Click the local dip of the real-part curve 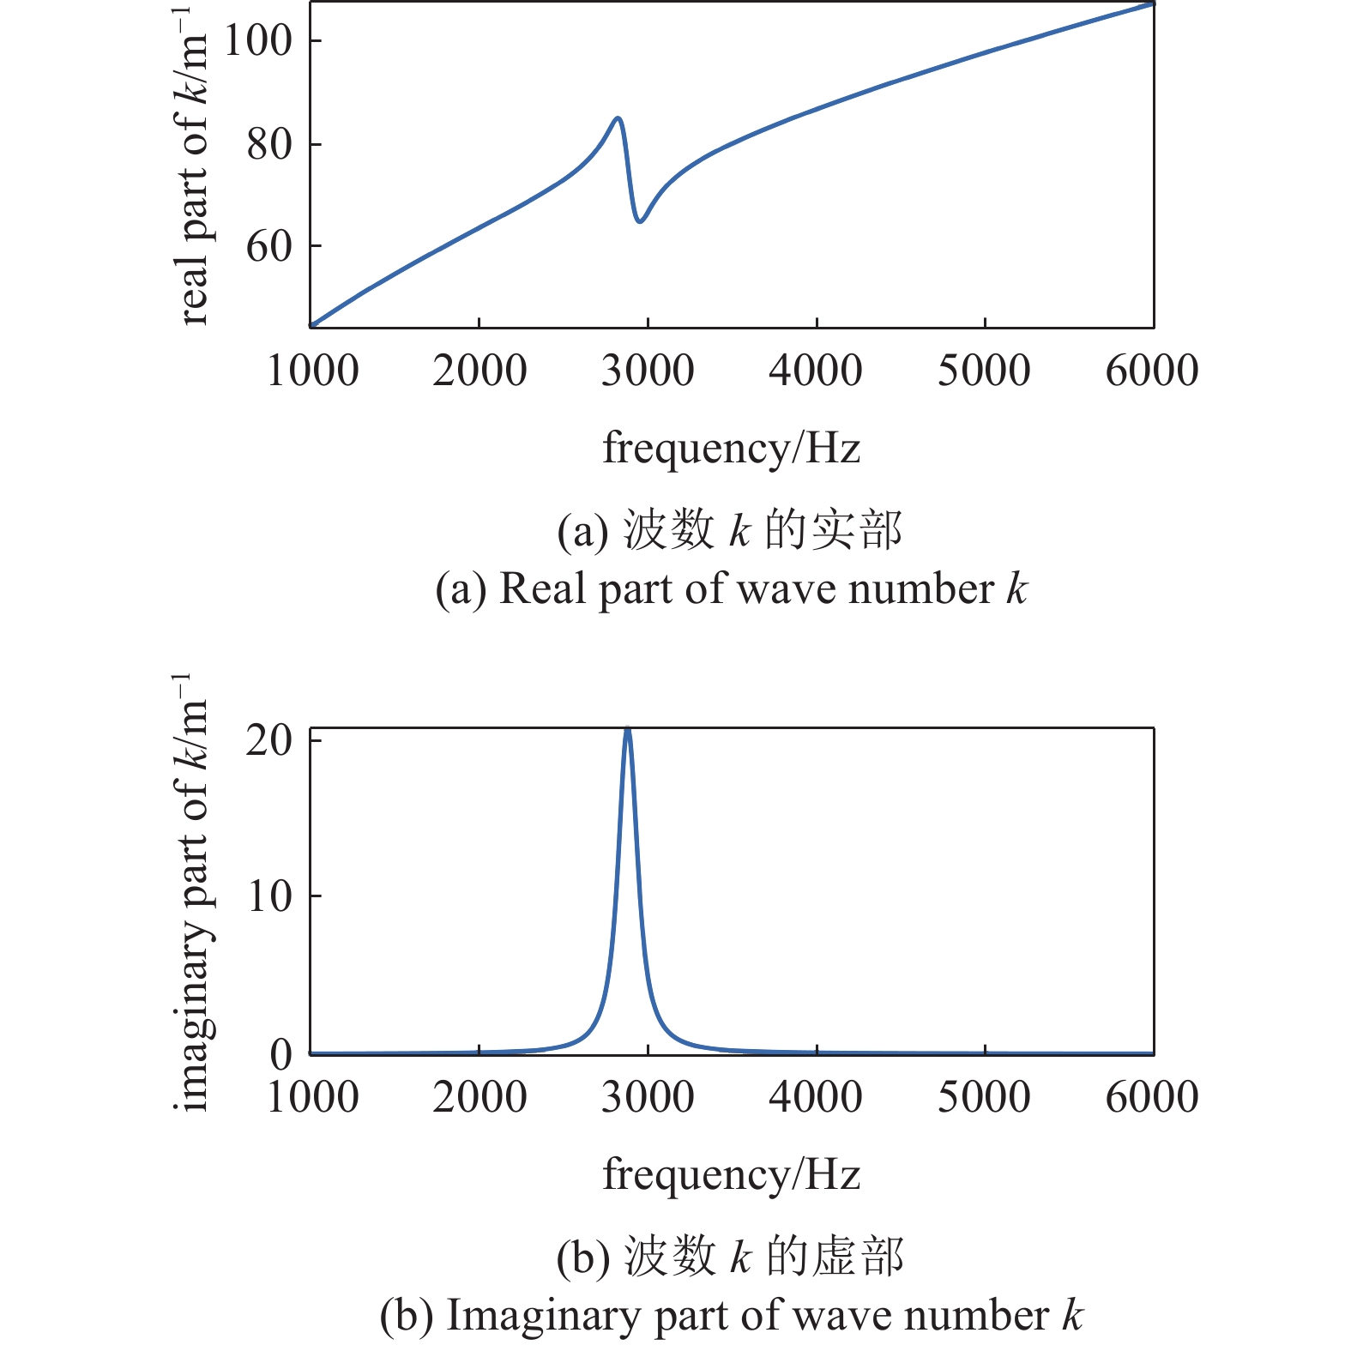click(640, 221)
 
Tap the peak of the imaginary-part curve click(628, 729)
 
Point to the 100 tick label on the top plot click(257, 40)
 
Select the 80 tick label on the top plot click(269, 144)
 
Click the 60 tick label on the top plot click(269, 247)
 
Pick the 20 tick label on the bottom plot click(269, 739)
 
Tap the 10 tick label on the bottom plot click(269, 896)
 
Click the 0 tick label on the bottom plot click(281, 1053)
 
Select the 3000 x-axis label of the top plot click(648, 371)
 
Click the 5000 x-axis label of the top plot click(984, 371)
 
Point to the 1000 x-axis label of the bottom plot click(312, 1097)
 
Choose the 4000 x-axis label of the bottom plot click(816, 1097)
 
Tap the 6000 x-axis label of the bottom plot click(1152, 1097)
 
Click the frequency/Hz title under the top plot click(731, 448)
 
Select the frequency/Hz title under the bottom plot click(731, 1174)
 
